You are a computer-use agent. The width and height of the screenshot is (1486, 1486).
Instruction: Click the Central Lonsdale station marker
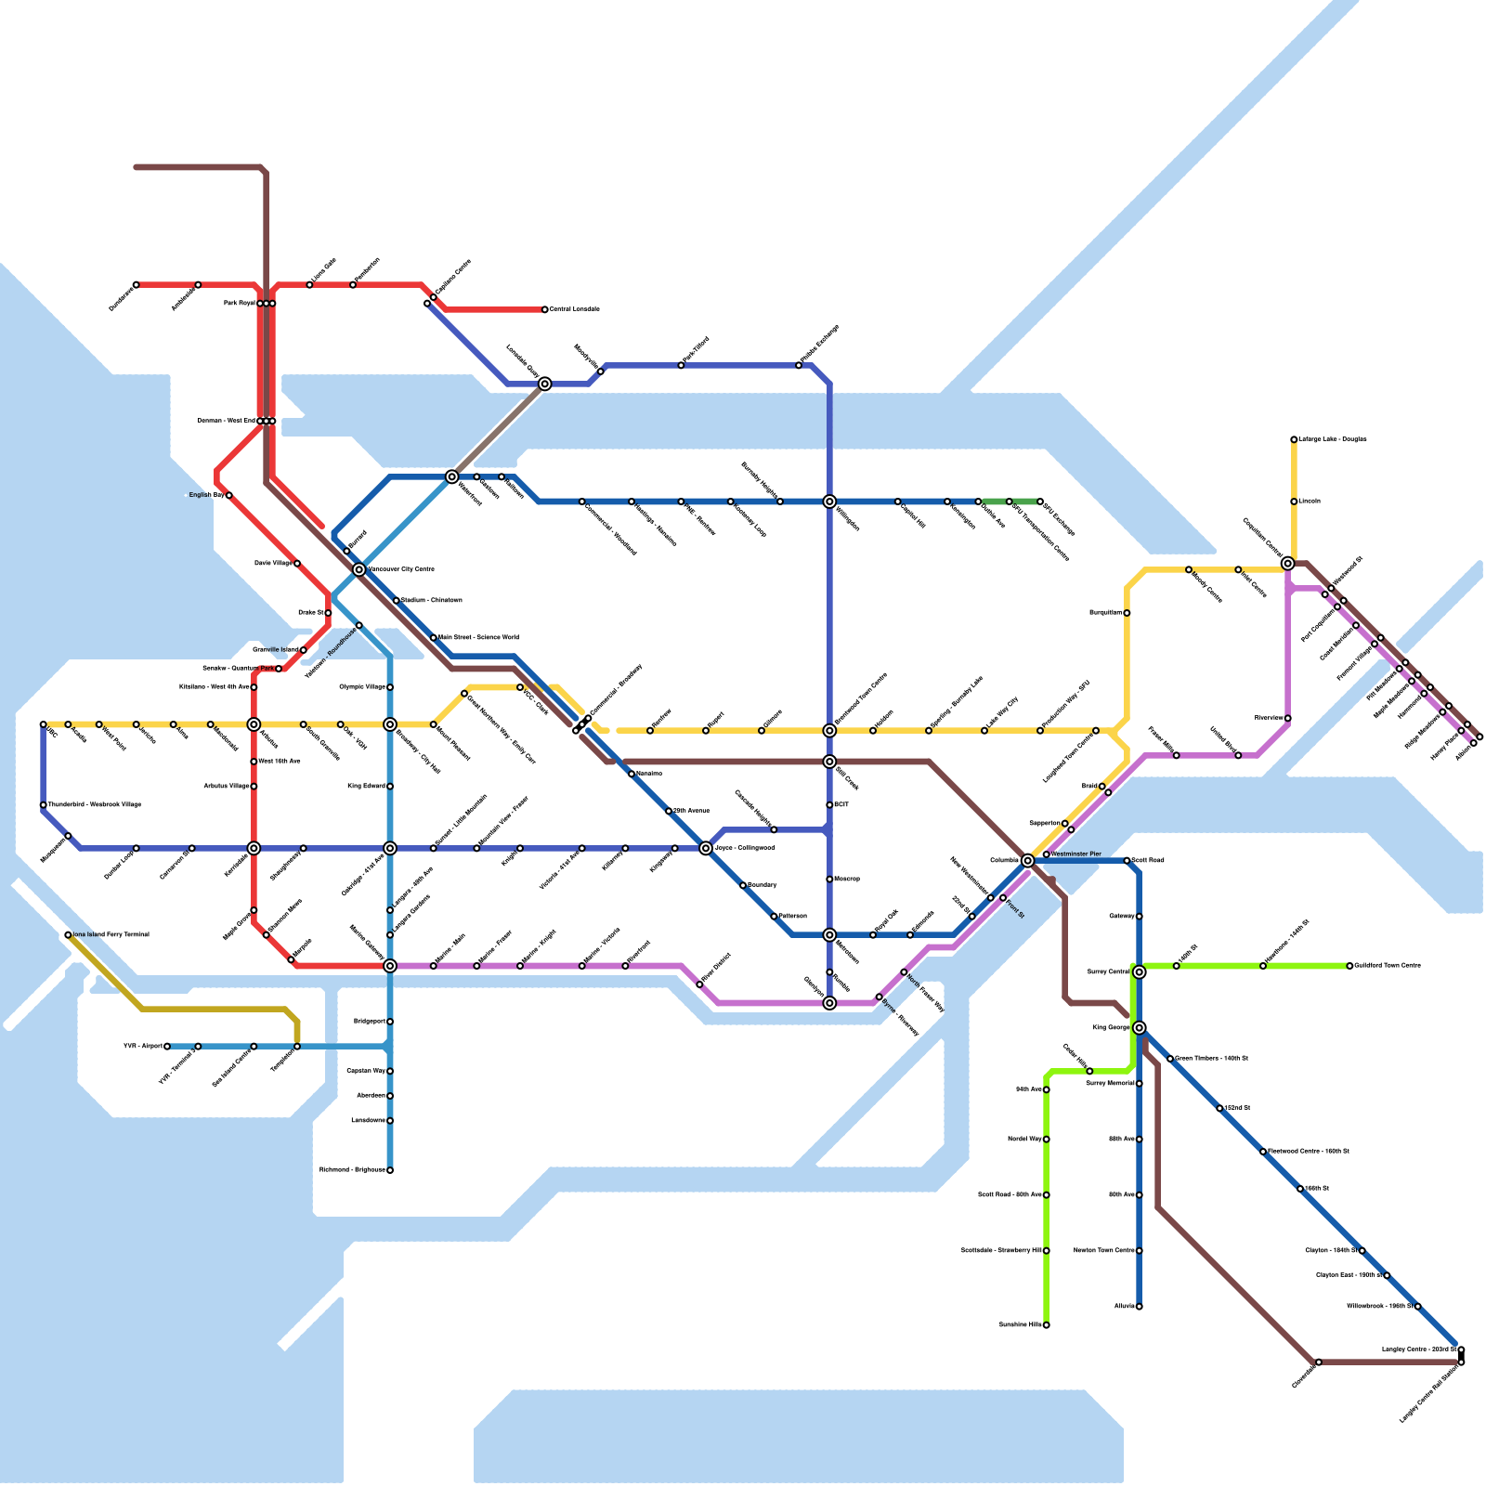(x=545, y=309)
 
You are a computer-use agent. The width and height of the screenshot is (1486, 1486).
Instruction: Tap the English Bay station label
(x=206, y=495)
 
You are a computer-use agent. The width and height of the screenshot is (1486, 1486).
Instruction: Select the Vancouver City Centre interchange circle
(x=359, y=569)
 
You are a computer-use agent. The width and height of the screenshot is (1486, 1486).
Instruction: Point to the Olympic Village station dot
(x=390, y=687)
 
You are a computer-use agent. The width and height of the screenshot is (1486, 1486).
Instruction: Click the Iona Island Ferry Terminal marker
(x=68, y=935)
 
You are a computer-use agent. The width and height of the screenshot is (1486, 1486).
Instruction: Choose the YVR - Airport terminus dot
(x=167, y=1047)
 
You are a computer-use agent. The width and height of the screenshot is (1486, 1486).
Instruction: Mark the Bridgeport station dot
(x=390, y=1022)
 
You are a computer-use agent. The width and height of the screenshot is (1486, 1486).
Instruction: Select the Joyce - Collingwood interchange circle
(x=706, y=848)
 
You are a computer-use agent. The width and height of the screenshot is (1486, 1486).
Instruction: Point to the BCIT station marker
(x=829, y=805)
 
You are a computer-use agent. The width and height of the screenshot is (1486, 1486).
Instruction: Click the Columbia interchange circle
(x=1027, y=861)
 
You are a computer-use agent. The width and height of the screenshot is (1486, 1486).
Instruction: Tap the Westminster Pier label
(x=1076, y=854)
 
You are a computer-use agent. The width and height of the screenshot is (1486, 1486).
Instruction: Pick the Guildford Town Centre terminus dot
(x=1349, y=966)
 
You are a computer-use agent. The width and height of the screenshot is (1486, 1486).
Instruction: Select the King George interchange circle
(x=1140, y=1027)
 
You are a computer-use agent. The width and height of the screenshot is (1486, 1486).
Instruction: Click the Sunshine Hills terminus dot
(x=1047, y=1325)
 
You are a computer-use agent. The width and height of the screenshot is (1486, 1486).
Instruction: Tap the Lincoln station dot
(x=1294, y=502)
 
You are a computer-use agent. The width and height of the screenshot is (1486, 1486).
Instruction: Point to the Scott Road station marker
(x=1128, y=861)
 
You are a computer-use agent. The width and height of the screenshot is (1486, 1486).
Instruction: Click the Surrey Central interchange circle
(x=1140, y=971)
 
